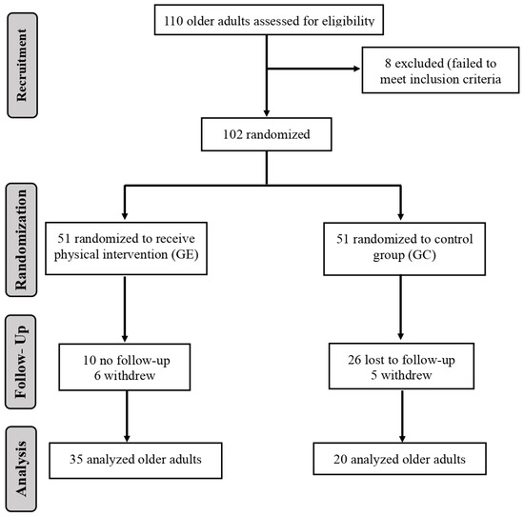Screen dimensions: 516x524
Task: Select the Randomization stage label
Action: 21,239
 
